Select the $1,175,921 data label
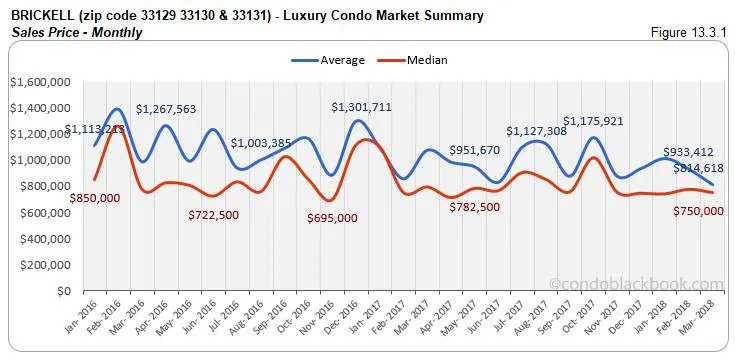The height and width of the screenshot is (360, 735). tap(595, 122)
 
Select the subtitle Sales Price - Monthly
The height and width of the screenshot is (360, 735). tap(77, 32)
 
